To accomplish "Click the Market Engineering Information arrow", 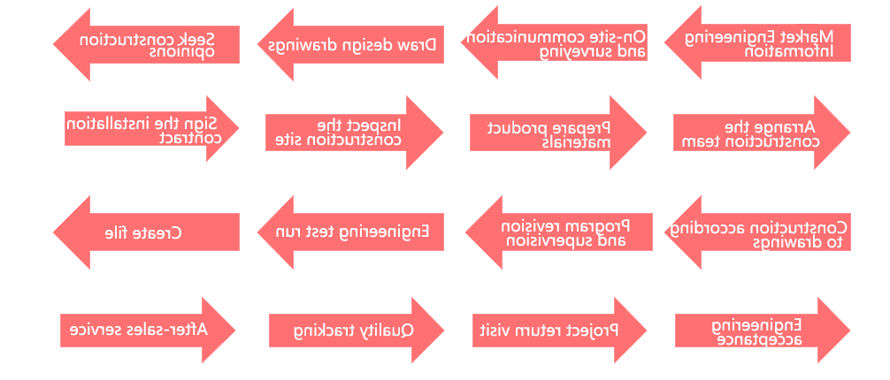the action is [757, 42].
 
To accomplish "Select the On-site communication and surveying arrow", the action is [554, 42].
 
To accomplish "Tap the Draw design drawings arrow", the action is [350, 44].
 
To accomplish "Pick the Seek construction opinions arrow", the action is [147, 44].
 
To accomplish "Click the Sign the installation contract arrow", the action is [151, 128].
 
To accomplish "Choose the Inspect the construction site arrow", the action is [354, 133].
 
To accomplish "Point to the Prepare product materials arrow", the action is [558, 133].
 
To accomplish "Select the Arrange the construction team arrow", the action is [762, 133].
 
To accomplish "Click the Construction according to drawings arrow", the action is [757, 232].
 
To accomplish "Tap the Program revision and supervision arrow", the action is [558, 232].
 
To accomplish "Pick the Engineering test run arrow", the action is [350, 232].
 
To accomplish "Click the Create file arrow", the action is [147, 232].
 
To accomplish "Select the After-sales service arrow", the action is [148, 331].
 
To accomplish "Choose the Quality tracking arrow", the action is [357, 331].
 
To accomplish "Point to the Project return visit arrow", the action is [560, 331].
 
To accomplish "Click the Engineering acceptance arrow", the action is [763, 331].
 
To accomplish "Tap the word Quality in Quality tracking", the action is [391, 331].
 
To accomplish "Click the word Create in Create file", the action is [159, 232].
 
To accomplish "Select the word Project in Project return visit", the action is [597, 331].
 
